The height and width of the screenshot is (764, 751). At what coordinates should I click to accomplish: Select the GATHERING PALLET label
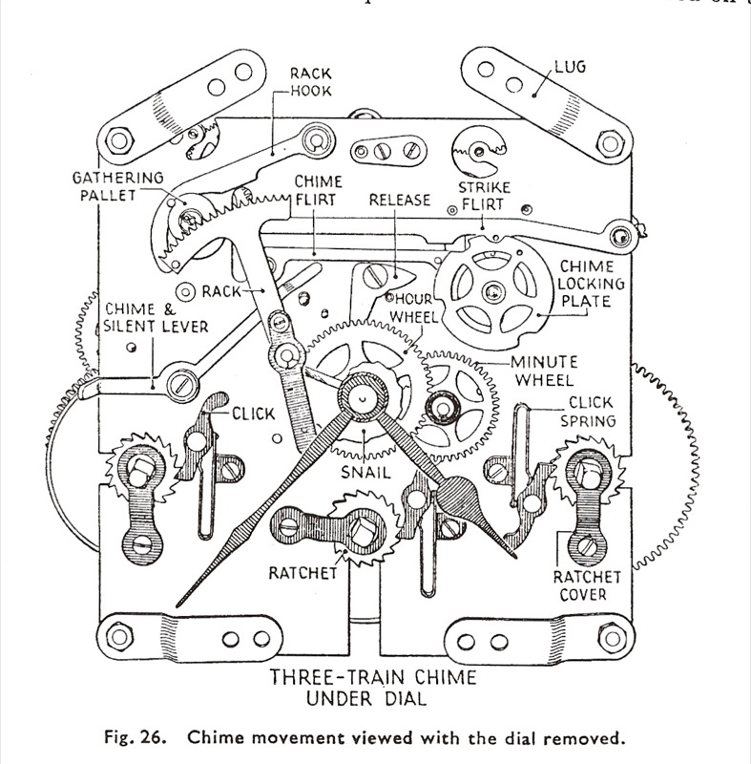118,187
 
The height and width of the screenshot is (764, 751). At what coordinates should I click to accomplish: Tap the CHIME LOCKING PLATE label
593,284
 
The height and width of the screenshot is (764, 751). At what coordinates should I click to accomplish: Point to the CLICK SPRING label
591,412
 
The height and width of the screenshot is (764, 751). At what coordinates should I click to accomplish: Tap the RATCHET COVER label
593,587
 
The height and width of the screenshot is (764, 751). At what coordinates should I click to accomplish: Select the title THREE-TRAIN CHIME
374,680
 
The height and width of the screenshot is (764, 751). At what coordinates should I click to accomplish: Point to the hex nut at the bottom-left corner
121,633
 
